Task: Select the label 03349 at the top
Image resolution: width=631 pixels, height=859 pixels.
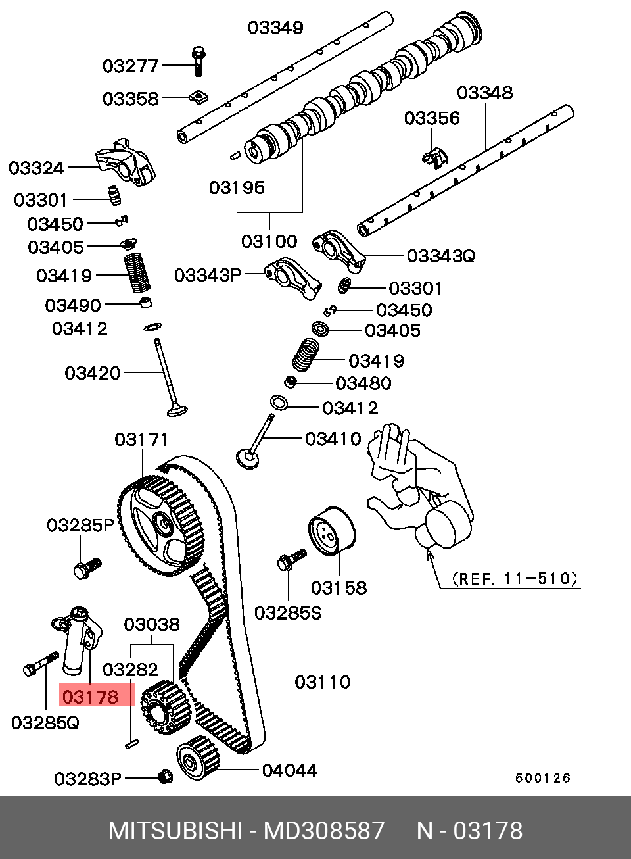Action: tap(275, 28)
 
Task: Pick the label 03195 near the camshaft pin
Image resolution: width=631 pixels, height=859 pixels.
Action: tap(237, 188)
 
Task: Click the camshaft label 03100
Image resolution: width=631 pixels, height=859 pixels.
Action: tap(269, 241)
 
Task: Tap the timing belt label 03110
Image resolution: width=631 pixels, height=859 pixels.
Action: tap(322, 682)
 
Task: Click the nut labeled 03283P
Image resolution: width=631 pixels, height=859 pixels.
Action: tap(166, 777)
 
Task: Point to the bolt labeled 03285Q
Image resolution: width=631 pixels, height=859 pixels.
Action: tap(39, 664)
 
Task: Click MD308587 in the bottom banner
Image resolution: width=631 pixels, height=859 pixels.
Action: tap(323, 831)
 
